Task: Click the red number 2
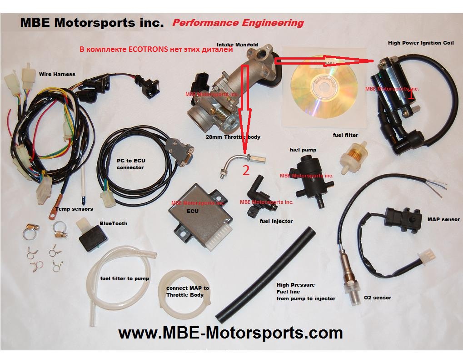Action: pos(246,171)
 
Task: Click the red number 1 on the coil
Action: pos(411,96)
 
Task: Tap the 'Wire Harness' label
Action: pos(57,74)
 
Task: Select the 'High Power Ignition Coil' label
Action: pos(421,43)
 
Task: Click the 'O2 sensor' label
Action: pos(377,298)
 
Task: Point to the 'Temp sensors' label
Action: pos(74,209)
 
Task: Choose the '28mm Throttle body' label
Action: pos(233,136)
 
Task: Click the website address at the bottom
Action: pos(230,333)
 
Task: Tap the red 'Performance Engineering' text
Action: pos(238,23)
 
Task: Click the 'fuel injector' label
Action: pos(276,221)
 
